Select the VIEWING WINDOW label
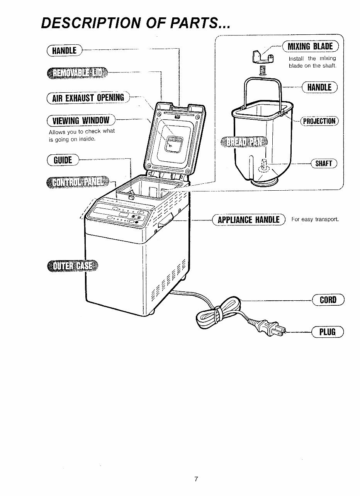[x=80, y=120]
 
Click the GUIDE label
[x=62, y=159]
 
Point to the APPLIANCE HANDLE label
[x=248, y=220]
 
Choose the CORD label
[x=328, y=300]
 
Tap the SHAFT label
[x=324, y=163]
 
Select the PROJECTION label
[x=319, y=121]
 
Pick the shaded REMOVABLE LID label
[x=77, y=72]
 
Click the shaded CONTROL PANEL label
[x=78, y=181]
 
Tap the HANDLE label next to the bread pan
[x=319, y=87]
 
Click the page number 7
[x=196, y=479]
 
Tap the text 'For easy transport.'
[x=315, y=220]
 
